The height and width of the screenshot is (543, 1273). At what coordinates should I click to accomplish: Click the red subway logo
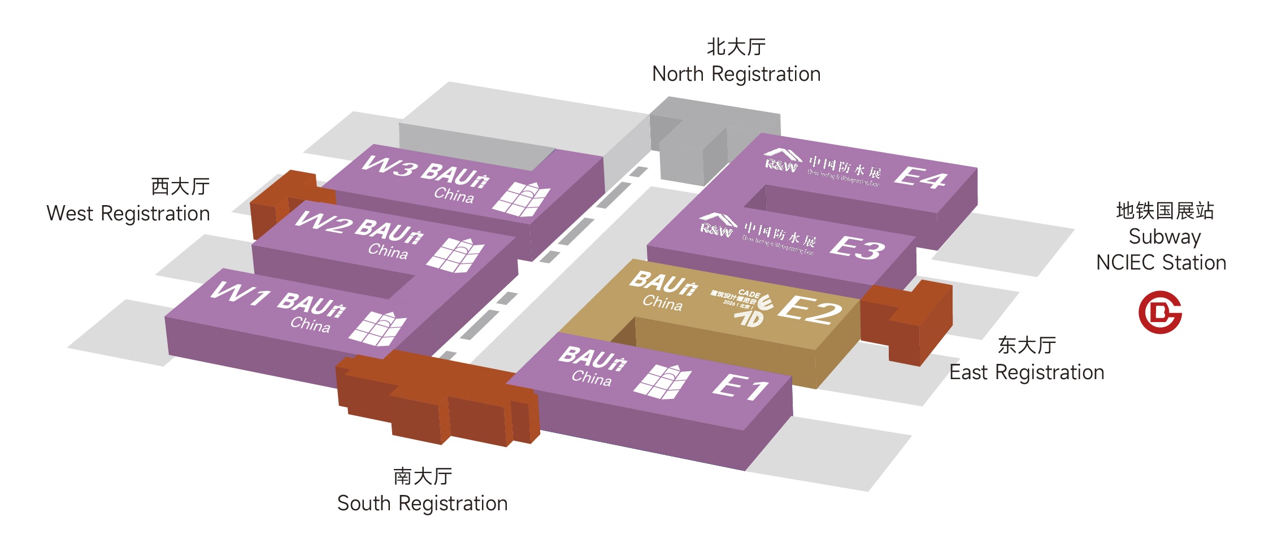1159,312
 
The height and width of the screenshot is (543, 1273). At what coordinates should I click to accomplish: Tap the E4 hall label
920,177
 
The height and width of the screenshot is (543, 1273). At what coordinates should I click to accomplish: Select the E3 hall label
857,247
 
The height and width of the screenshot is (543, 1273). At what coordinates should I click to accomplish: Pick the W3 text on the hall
390,166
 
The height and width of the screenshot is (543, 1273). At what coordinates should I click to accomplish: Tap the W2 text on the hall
323,222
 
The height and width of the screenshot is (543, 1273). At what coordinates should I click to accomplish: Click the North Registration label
736,73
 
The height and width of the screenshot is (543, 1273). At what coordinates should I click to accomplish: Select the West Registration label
128,213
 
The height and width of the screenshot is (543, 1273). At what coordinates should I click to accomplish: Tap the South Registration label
422,503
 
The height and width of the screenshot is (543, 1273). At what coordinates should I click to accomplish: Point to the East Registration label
1027,372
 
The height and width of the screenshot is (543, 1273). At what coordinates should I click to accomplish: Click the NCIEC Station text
1161,263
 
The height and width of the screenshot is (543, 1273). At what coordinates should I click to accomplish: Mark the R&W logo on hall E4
782,160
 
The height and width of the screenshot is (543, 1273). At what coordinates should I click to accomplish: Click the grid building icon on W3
521,199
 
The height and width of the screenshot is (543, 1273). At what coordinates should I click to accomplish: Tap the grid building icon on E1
662,381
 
